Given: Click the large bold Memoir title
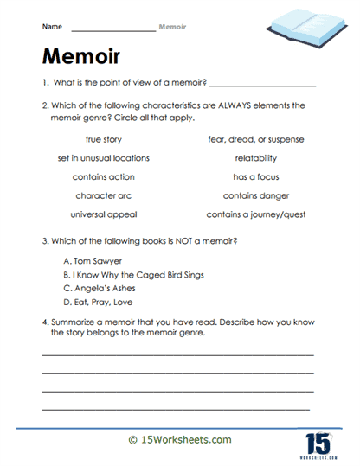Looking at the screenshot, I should click(82, 57).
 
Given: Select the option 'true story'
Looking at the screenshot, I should click(104, 139).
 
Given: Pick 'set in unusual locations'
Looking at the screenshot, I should click(104, 158).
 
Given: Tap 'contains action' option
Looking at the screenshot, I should click(104, 176).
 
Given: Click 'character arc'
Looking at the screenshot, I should click(104, 195).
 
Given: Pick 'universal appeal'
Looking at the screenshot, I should click(104, 214).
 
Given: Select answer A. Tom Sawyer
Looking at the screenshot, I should click(93, 259).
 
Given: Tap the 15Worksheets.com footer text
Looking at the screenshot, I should click(179, 440).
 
